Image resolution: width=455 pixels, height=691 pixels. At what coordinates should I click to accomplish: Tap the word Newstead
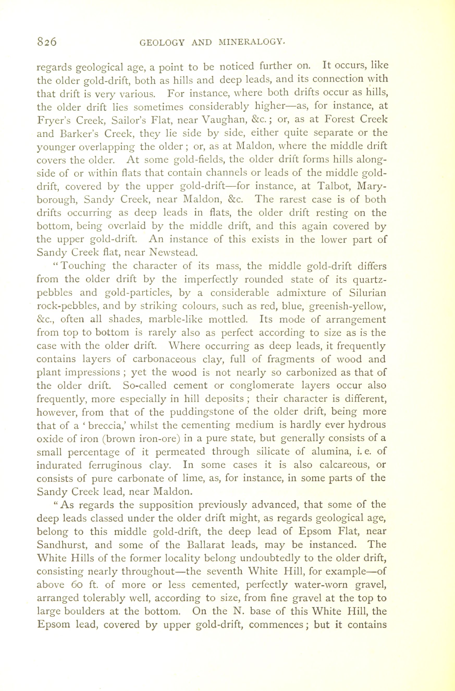tap(173, 252)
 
